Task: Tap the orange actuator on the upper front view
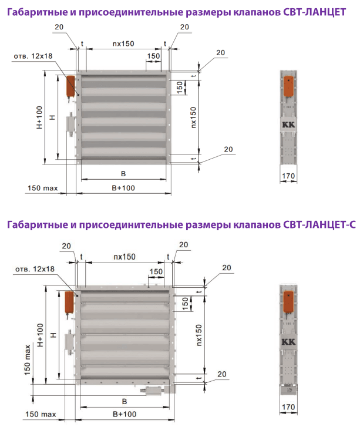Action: point(70,86)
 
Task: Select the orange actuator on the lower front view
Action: point(69,302)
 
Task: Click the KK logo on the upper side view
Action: point(288,125)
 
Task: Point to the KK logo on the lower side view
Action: point(288,342)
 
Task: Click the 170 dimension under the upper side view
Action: point(288,176)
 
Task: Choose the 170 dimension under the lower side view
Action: point(288,407)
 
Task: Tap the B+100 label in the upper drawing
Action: point(123,188)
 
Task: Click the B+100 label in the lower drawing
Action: point(125,414)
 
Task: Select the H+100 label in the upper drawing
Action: point(39,117)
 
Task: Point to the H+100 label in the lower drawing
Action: point(40,335)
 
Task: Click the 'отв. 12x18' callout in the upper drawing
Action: point(33,56)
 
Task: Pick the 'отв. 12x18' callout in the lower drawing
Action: point(35,269)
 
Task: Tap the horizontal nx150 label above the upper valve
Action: point(123,43)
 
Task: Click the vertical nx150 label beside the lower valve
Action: point(199,335)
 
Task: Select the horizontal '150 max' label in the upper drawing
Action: point(42,188)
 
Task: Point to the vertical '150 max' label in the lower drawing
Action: point(28,360)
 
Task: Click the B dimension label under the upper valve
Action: point(123,174)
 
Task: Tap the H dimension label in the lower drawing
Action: point(53,335)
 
